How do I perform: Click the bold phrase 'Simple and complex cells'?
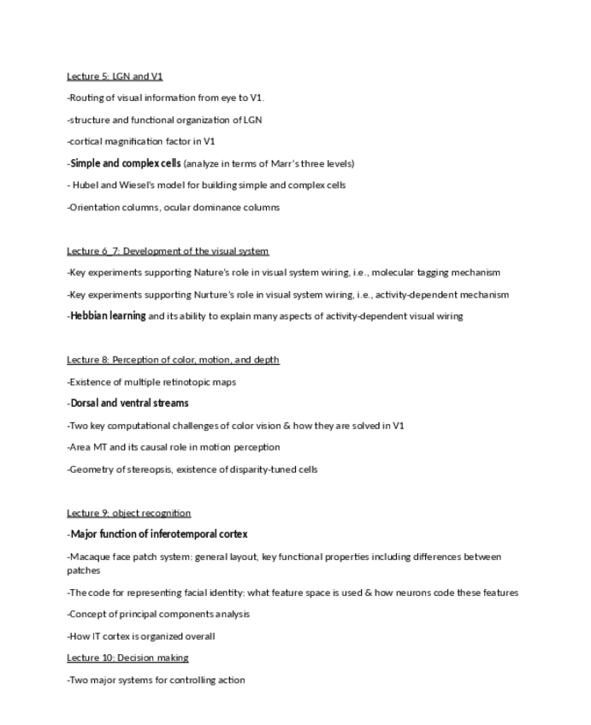pyautogui.click(x=126, y=163)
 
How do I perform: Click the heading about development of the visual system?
pyautogui.click(x=168, y=251)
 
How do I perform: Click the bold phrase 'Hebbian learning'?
pyautogui.click(x=108, y=316)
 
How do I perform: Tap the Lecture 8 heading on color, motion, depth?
pyautogui.click(x=173, y=360)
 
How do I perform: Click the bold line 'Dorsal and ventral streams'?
pyautogui.click(x=129, y=404)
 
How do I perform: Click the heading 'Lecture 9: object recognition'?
pyautogui.click(x=128, y=513)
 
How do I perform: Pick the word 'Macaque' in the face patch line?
pyautogui.click(x=89, y=557)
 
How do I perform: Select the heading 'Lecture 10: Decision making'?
pyautogui.click(x=127, y=657)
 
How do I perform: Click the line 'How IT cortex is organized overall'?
pyautogui.click(x=141, y=636)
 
